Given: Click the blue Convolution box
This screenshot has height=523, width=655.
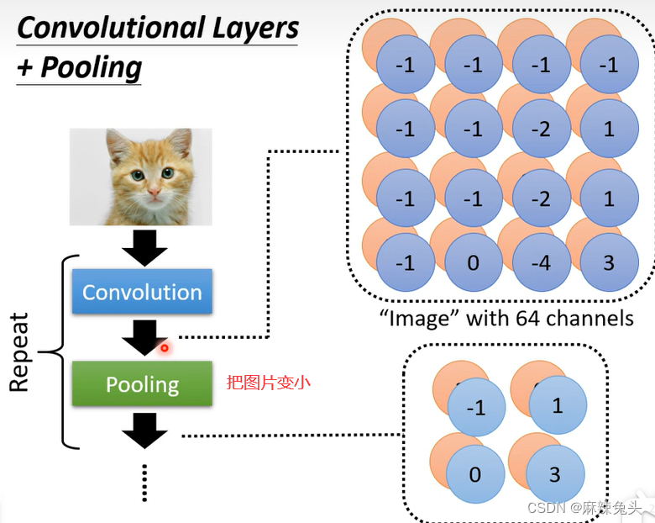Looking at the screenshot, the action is [x=142, y=291].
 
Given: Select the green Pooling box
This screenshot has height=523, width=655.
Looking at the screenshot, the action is [x=142, y=383].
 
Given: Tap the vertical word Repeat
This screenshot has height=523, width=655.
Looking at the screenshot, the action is [x=18, y=351].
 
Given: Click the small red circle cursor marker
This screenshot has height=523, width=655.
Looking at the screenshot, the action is [x=165, y=348].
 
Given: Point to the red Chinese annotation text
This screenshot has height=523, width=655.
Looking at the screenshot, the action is [x=268, y=383].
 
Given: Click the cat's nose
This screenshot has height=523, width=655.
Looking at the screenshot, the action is [x=154, y=192].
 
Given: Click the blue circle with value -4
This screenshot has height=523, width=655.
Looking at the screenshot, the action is [x=542, y=262].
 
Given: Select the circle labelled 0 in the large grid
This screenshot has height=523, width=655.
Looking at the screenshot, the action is [x=474, y=262].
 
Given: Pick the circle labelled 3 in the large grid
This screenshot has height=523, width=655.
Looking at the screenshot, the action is [x=609, y=262].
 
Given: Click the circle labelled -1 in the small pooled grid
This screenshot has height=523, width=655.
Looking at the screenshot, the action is [x=476, y=407].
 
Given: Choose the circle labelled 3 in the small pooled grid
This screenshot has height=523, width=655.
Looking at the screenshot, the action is [x=555, y=474].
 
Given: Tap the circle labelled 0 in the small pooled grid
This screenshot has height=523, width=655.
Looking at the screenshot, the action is [x=475, y=474].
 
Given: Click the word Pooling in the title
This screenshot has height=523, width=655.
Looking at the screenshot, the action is [x=92, y=68].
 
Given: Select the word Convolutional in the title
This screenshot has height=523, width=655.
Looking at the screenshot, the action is [x=113, y=28].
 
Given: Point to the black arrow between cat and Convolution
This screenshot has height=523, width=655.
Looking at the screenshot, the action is [x=144, y=248].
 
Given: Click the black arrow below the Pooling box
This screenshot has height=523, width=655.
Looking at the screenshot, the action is [x=144, y=431].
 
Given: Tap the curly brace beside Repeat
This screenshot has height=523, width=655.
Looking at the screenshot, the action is [x=59, y=351].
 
